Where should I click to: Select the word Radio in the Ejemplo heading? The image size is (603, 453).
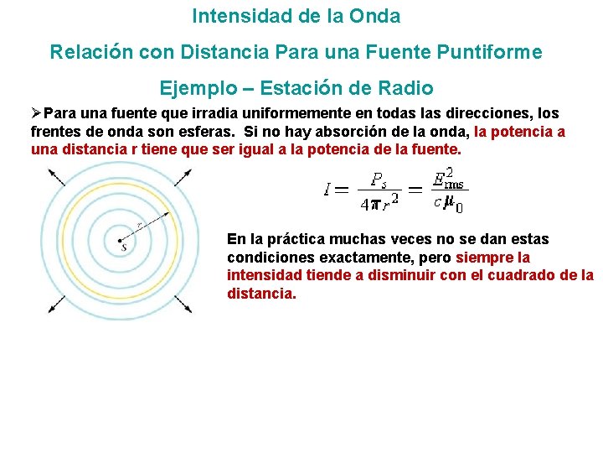click(x=406, y=88)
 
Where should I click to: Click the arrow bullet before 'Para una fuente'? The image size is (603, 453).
click(x=36, y=113)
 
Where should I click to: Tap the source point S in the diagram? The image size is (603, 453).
click(x=124, y=245)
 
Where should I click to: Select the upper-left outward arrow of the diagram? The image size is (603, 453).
click(x=58, y=177)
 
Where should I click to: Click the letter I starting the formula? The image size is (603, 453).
click(x=327, y=190)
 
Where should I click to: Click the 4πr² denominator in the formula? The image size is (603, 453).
click(x=379, y=202)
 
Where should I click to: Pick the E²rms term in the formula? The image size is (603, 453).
click(x=446, y=179)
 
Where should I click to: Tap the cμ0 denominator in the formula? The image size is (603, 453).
click(x=448, y=202)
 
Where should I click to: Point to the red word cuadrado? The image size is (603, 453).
click(x=523, y=275)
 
